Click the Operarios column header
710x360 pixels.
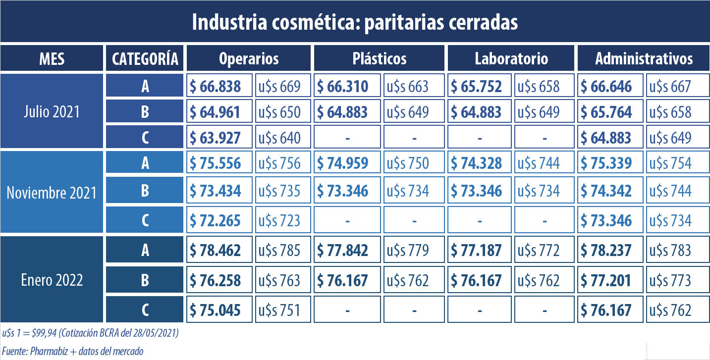[x=249, y=58]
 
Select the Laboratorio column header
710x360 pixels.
[x=511, y=58]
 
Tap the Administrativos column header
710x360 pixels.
[x=644, y=58]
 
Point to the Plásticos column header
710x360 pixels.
[x=380, y=58]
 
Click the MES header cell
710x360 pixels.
[x=52, y=58]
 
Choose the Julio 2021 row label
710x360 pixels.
[x=52, y=111]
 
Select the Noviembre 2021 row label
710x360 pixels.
[x=52, y=192]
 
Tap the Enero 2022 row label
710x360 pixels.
[x=52, y=280]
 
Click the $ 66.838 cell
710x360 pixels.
[x=219, y=86]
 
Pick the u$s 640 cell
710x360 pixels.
[x=278, y=137]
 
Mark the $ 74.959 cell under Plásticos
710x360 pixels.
[x=348, y=163]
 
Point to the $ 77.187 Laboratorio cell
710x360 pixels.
[x=480, y=250]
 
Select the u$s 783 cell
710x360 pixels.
[x=670, y=250]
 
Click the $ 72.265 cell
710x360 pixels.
[x=219, y=220]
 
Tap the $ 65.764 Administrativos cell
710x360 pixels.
[x=611, y=112]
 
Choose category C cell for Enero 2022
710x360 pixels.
[x=145, y=310]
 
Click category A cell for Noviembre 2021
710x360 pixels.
[x=145, y=163]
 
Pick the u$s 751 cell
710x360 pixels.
[x=278, y=310]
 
